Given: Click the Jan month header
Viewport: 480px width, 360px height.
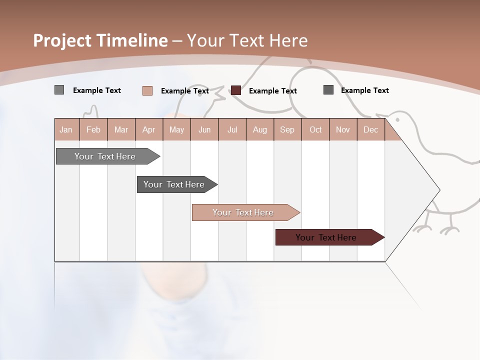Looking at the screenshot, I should pos(66,129).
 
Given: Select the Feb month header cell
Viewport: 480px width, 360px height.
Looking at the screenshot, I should pos(93,129).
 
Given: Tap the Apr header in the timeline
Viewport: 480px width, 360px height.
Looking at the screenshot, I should pos(148,129).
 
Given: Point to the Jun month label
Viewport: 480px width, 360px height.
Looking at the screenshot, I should pos(204,129).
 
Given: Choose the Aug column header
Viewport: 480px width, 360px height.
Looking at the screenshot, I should pos(259,129).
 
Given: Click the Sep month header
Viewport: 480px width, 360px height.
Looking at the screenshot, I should pos(287,129).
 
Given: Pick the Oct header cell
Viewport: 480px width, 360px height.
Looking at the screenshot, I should pos(315,129).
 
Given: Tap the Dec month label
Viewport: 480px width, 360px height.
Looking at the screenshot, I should pos(370,129).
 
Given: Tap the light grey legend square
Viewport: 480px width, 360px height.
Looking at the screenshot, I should pos(59,90).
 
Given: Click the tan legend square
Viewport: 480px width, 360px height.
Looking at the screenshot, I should pos(147,90).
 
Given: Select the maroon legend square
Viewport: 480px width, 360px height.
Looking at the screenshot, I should pos(236,90).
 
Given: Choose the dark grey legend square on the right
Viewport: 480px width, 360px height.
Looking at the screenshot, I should pos(328,90).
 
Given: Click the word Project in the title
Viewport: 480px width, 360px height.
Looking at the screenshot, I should pos(63,40).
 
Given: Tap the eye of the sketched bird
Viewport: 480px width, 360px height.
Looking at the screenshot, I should pos(398,119).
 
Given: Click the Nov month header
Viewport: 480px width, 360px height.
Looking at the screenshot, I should pos(343,129).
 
